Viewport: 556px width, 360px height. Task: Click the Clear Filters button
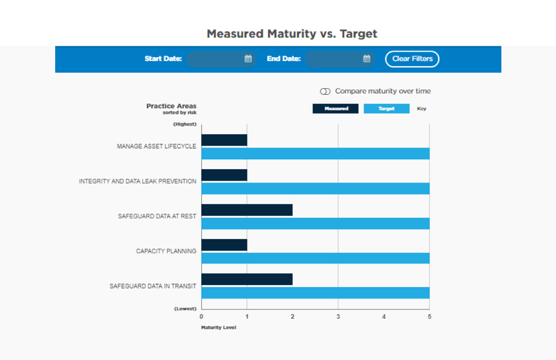click(412, 59)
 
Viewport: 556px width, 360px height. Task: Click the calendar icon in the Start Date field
click(248, 59)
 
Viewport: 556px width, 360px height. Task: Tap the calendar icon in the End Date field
click(367, 59)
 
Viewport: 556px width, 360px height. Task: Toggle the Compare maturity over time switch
click(325, 91)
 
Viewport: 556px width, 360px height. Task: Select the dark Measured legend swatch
click(335, 109)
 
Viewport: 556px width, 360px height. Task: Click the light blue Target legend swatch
click(386, 109)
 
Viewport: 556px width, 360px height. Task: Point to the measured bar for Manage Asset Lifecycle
click(224, 140)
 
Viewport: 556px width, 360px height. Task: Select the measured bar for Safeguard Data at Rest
click(247, 210)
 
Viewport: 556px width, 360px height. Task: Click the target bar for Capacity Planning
click(315, 258)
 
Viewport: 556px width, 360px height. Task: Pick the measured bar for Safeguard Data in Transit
click(247, 279)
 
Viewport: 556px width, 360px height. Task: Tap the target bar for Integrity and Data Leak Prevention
click(315, 188)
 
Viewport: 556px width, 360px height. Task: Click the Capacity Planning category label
click(166, 251)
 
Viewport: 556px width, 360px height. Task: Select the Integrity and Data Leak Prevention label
click(138, 182)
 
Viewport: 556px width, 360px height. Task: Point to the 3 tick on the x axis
click(338, 316)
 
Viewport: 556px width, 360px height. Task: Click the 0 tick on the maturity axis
click(202, 316)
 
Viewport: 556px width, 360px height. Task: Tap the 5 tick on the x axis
click(429, 316)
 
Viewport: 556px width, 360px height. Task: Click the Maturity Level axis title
click(218, 327)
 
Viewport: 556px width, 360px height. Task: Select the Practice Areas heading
click(171, 106)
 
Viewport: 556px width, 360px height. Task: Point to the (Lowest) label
click(185, 308)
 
